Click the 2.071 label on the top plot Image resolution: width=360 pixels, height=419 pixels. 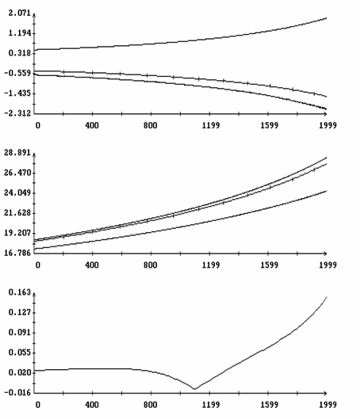(x=20, y=13)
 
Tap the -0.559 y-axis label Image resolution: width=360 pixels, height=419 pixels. (x=17, y=73)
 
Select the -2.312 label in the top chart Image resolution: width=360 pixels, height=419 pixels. (x=17, y=113)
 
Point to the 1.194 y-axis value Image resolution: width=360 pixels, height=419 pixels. (x=20, y=33)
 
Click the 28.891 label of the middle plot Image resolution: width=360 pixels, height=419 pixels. (x=17, y=153)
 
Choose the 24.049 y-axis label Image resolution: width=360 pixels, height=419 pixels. (x=17, y=192)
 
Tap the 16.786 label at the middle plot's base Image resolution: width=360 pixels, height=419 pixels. (x=17, y=253)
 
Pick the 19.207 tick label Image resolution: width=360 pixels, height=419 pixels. (x=17, y=233)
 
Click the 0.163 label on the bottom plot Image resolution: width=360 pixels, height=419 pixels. (x=20, y=292)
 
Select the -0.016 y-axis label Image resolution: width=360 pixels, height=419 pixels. (x=17, y=393)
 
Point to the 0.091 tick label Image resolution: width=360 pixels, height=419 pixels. (x=20, y=333)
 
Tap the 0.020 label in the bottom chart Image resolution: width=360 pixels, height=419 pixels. (x=20, y=372)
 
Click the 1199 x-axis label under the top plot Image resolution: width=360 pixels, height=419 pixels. (x=211, y=125)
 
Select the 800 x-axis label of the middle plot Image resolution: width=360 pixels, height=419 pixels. (x=151, y=265)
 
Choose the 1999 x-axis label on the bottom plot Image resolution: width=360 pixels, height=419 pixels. (x=327, y=405)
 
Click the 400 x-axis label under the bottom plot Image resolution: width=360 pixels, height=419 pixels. (x=92, y=405)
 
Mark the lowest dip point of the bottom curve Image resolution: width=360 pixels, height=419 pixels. (x=194, y=389)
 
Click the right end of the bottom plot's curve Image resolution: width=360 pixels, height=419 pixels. (x=327, y=297)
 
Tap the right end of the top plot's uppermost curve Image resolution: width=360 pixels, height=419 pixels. (x=327, y=18)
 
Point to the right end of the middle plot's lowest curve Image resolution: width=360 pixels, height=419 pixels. (x=327, y=191)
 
